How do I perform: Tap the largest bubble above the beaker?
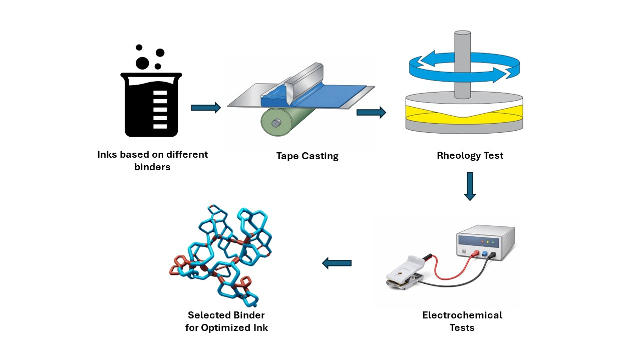pyautogui.click(x=142, y=63)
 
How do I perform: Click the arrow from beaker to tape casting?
pyautogui.click(x=206, y=108)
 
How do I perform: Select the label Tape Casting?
pyautogui.click(x=307, y=156)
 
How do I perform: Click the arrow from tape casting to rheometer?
pyautogui.click(x=371, y=113)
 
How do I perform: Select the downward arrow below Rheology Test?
pyautogui.click(x=469, y=186)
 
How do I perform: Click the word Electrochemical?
pyautogui.click(x=462, y=315)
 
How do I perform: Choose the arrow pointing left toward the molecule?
pyautogui.click(x=337, y=263)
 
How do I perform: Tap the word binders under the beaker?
pyautogui.click(x=152, y=167)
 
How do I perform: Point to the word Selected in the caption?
pyautogui.click(x=210, y=315)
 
